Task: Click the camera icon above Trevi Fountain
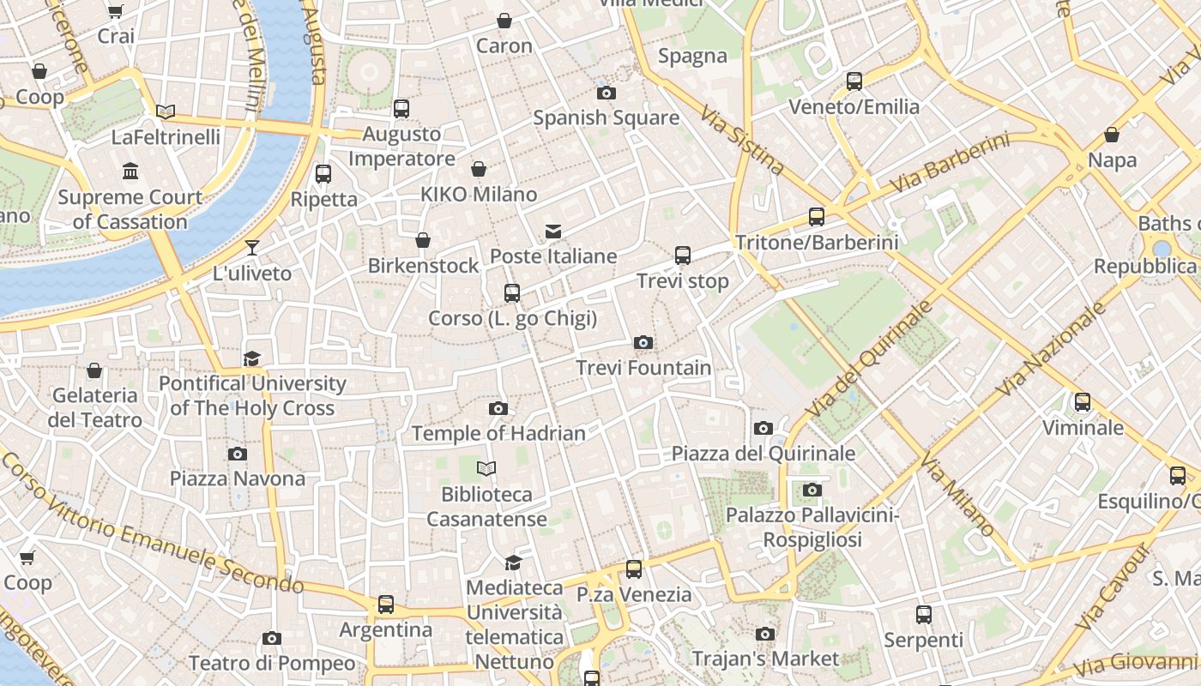[x=643, y=343]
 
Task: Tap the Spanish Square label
[x=606, y=118]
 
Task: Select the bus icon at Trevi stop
[x=683, y=256]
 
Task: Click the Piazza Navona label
[x=238, y=478]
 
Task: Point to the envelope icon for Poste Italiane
[x=553, y=232]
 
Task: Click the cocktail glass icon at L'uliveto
[x=252, y=249]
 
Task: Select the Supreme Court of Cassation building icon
[x=130, y=172]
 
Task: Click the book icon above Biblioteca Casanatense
[x=486, y=469]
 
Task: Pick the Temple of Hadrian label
[x=498, y=434]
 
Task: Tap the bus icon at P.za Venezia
[x=634, y=569]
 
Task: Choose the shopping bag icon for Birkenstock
[x=423, y=240]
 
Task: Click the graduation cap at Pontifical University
[x=251, y=358]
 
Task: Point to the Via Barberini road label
[x=950, y=163]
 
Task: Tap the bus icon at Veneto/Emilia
[x=854, y=81]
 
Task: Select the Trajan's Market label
[x=765, y=659]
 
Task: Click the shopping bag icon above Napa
[x=1112, y=135]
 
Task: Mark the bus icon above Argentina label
[x=386, y=605]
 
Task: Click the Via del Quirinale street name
[x=869, y=359]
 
